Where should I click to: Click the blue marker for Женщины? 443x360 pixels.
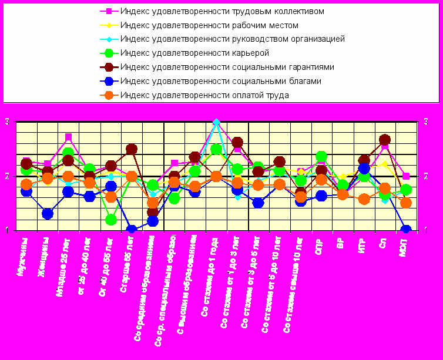click(x=47, y=214)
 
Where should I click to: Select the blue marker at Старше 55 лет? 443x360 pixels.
click(x=132, y=230)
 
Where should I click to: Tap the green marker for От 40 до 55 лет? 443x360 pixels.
click(x=111, y=220)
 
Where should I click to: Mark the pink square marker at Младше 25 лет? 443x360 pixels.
click(x=69, y=137)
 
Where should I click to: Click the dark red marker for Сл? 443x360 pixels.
click(x=385, y=140)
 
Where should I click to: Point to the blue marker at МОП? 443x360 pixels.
click(x=405, y=230)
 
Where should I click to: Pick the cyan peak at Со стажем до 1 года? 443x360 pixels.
click(x=216, y=123)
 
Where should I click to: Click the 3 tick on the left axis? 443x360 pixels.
click(x=7, y=122)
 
